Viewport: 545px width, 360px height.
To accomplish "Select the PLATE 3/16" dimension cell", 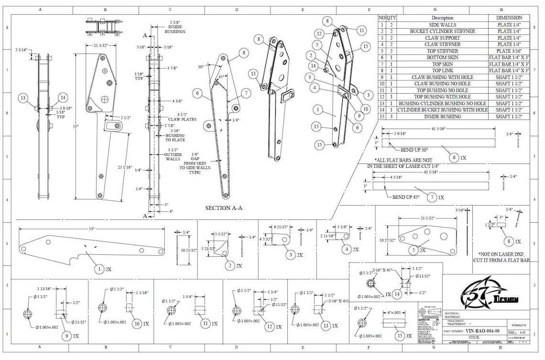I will [x=509, y=51].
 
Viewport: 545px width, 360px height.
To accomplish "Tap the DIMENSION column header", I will [x=509, y=18].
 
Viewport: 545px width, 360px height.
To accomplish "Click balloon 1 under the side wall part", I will [x=99, y=270].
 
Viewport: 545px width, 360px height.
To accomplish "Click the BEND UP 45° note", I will [x=406, y=196].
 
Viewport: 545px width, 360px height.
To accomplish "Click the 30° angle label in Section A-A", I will [x=201, y=66].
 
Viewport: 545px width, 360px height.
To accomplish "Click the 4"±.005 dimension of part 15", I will [x=394, y=313].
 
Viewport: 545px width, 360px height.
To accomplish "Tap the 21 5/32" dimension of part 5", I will [x=427, y=218].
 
